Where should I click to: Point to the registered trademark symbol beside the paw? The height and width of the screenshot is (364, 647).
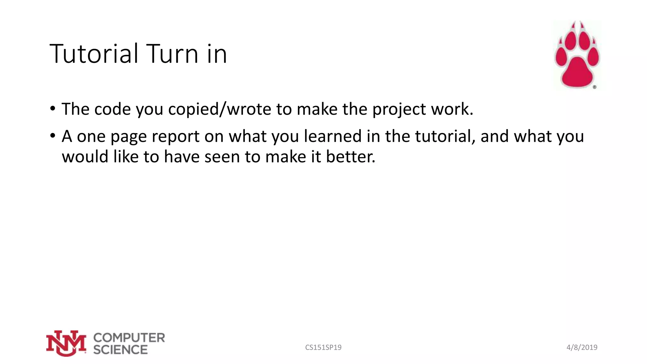point(594,87)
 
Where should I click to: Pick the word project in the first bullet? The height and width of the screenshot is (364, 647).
point(399,110)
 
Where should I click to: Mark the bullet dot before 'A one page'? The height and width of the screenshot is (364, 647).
point(53,136)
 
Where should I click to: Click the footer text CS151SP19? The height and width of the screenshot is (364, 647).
point(323,348)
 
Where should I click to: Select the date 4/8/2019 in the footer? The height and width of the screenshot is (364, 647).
point(582,348)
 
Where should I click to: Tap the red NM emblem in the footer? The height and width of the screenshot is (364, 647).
point(66,343)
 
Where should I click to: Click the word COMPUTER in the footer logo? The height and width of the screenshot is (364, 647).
point(129,337)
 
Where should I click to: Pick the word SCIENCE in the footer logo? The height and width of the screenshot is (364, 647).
point(120,350)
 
